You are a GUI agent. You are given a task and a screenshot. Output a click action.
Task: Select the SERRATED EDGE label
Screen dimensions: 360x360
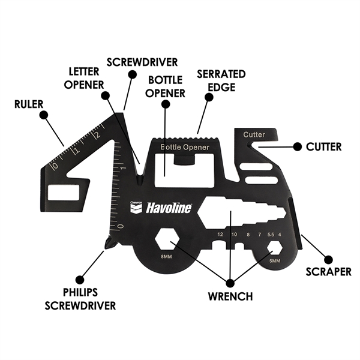tap(213, 79)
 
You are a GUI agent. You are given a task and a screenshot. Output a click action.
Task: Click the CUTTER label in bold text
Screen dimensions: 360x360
tap(323, 146)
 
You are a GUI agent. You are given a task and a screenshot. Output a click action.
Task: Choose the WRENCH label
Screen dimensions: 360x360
tap(231, 296)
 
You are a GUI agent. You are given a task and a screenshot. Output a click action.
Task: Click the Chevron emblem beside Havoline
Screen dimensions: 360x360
tap(137, 207)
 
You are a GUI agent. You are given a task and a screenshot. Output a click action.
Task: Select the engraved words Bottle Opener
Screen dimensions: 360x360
tap(185, 147)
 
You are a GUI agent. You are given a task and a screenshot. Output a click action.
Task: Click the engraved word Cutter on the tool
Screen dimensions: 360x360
tap(254, 134)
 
